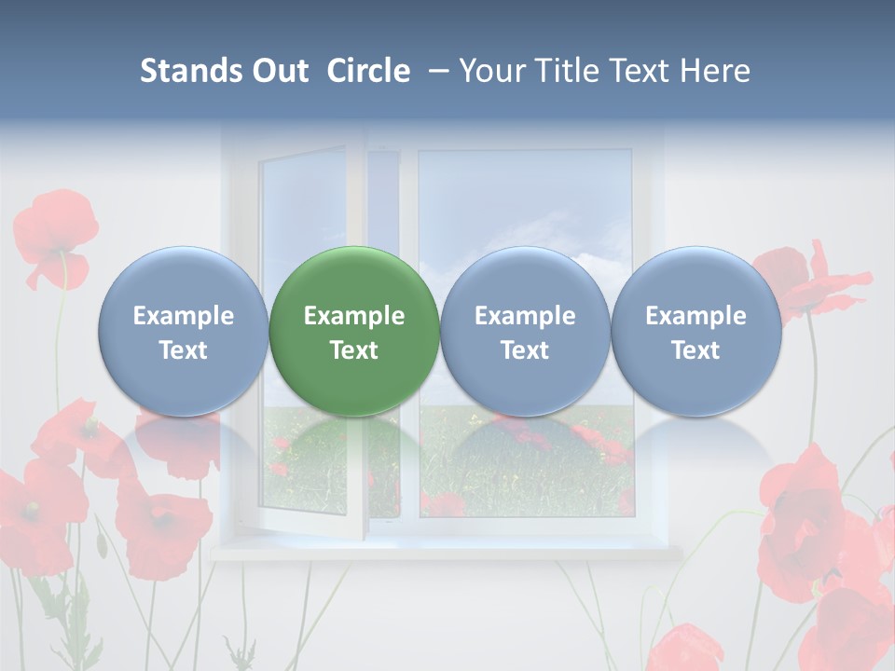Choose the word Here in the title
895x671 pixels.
715,71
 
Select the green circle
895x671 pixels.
354,331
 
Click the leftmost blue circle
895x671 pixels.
184,331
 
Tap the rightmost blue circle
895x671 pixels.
695,331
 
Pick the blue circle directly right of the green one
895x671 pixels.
525,331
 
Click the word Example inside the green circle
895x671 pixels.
354,316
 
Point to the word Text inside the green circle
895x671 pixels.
354,350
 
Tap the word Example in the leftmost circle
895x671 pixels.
184,316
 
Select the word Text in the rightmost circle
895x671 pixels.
695,350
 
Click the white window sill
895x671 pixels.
447,552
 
